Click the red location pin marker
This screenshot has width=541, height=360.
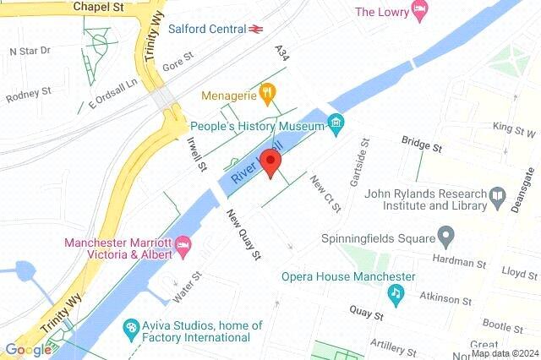[270, 161]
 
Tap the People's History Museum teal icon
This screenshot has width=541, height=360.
[336, 126]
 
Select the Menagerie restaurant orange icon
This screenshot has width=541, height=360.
[267, 91]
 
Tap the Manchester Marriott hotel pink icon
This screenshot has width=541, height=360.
[183, 247]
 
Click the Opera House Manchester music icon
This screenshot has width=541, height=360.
[395, 292]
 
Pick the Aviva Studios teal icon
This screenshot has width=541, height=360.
[131, 327]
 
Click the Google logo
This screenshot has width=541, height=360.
[27, 351]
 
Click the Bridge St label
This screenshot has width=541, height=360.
[422, 144]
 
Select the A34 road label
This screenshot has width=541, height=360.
[281, 53]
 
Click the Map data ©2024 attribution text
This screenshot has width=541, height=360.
[505, 352]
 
